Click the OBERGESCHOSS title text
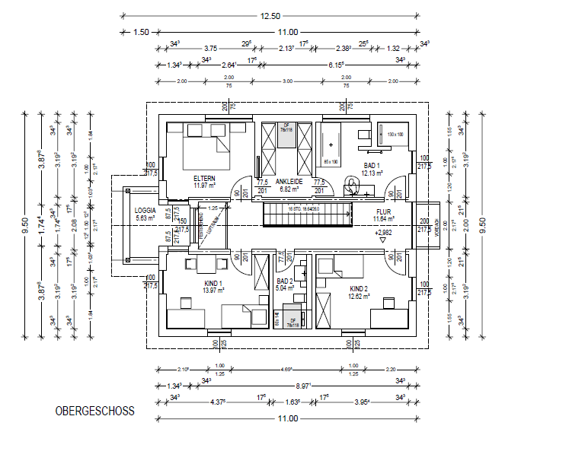[x=94, y=411]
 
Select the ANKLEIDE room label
[x=289, y=182]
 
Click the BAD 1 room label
[x=371, y=166]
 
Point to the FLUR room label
[x=382, y=213]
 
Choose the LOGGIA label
[x=145, y=210]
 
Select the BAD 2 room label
[x=285, y=281]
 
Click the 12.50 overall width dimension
[x=270, y=15]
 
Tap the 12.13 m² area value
[x=371, y=173]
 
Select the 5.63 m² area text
[x=145, y=218]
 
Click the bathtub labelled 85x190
[x=331, y=145]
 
